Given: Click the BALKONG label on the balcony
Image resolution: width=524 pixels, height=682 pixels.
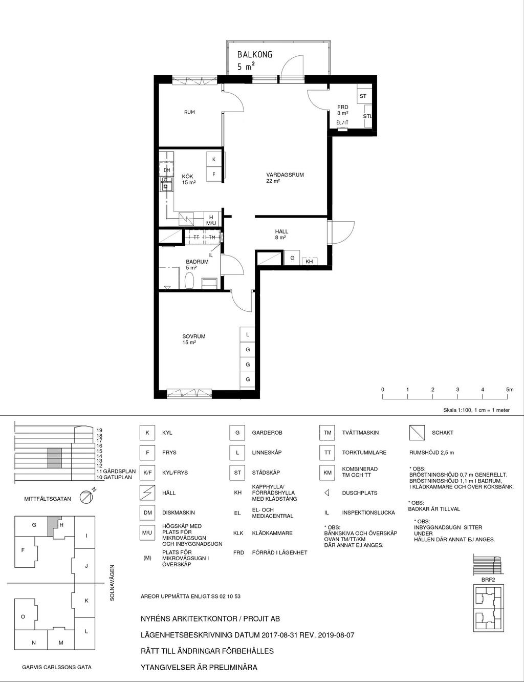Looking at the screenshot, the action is coord(255,55).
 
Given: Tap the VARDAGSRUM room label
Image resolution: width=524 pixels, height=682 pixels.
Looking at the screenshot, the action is coord(285,175).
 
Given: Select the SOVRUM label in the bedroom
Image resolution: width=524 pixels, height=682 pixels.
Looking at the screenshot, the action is coord(194,336).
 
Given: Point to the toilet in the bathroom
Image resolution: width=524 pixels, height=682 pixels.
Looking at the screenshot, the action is coord(189,280).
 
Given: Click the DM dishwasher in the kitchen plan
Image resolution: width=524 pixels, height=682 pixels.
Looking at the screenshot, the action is coord(166,170).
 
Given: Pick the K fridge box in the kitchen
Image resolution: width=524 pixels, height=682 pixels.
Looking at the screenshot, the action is coord(214,159).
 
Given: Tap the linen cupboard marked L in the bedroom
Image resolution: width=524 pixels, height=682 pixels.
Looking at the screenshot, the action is coord(248,334).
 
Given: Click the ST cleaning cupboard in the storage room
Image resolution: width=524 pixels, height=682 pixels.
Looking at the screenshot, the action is coord(363,96).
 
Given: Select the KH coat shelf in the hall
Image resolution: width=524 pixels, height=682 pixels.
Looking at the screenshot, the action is coord(309,262).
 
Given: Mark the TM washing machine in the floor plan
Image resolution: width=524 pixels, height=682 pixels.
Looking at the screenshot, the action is coord(212,238).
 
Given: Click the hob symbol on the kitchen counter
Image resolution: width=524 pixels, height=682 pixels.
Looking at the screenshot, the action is coord(186,219).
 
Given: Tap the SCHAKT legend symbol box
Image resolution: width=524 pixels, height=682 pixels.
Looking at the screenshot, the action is coord(417,433).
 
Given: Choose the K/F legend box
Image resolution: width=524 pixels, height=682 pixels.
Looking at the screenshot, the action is coord(147,473).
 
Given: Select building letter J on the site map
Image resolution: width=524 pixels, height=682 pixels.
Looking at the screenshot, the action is coord(86,566).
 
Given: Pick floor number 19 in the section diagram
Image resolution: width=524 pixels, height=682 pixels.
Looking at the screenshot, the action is coord(100,430).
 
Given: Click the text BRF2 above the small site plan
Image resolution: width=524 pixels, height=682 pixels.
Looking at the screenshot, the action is coord(488,580).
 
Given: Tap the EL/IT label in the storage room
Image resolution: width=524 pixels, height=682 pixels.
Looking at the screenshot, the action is coord(342,123).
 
